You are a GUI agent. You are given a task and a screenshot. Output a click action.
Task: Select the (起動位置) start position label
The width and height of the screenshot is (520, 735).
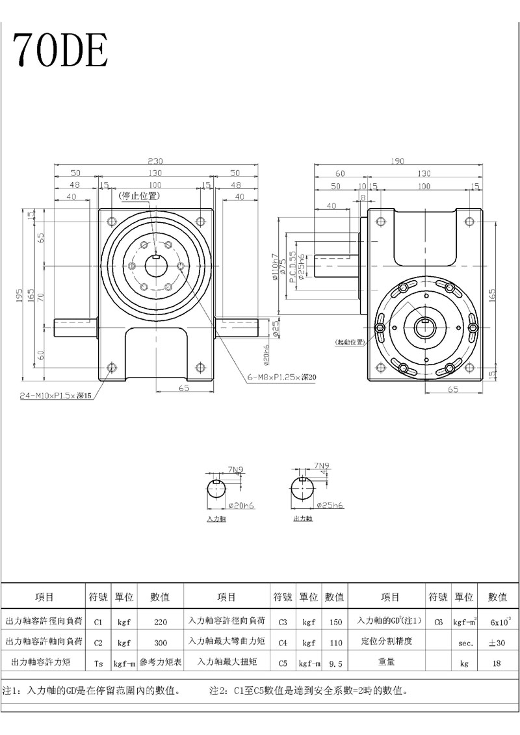pyautogui.click(x=349, y=342)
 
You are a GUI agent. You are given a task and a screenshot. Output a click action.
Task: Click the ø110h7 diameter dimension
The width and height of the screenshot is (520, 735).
pyautogui.click(x=275, y=266)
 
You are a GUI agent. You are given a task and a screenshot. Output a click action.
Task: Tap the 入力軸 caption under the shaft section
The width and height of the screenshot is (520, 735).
pyautogui.click(x=216, y=519)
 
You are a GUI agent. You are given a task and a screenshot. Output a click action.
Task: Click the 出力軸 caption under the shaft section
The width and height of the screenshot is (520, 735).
pyautogui.click(x=303, y=519)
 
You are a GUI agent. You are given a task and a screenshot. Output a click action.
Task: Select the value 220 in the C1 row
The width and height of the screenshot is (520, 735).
pyautogui.click(x=161, y=622)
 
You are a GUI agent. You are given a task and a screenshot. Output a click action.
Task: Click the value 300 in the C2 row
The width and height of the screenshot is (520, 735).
pyautogui.click(x=161, y=642)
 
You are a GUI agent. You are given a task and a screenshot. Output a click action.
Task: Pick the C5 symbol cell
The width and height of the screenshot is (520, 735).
pyautogui.click(x=283, y=664)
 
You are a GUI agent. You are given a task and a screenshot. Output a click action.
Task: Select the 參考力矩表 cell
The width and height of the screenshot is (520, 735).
pyautogui.click(x=161, y=664)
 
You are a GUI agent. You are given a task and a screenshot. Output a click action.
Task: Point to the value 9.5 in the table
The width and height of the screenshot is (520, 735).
pyautogui.click(x=335, y=664)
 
